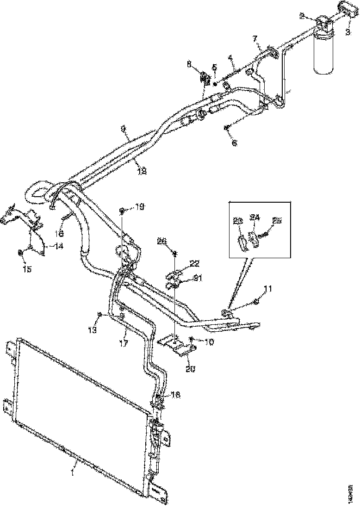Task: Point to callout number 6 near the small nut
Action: coord(234,143)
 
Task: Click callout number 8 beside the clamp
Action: coord(202,65)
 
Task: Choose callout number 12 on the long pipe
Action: coord(142,170)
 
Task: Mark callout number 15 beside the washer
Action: coord(27,268)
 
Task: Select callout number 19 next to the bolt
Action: coord(140,206)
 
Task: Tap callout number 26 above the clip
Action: coord(161,240)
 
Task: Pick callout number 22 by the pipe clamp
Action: coord(194,263)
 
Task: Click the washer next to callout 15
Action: coord(20,252)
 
